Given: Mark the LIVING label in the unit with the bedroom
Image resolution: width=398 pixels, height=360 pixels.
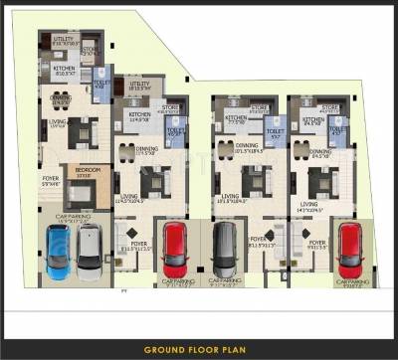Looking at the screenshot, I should point(58,122).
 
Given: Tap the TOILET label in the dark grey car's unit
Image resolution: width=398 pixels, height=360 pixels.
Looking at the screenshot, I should point(276,130).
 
